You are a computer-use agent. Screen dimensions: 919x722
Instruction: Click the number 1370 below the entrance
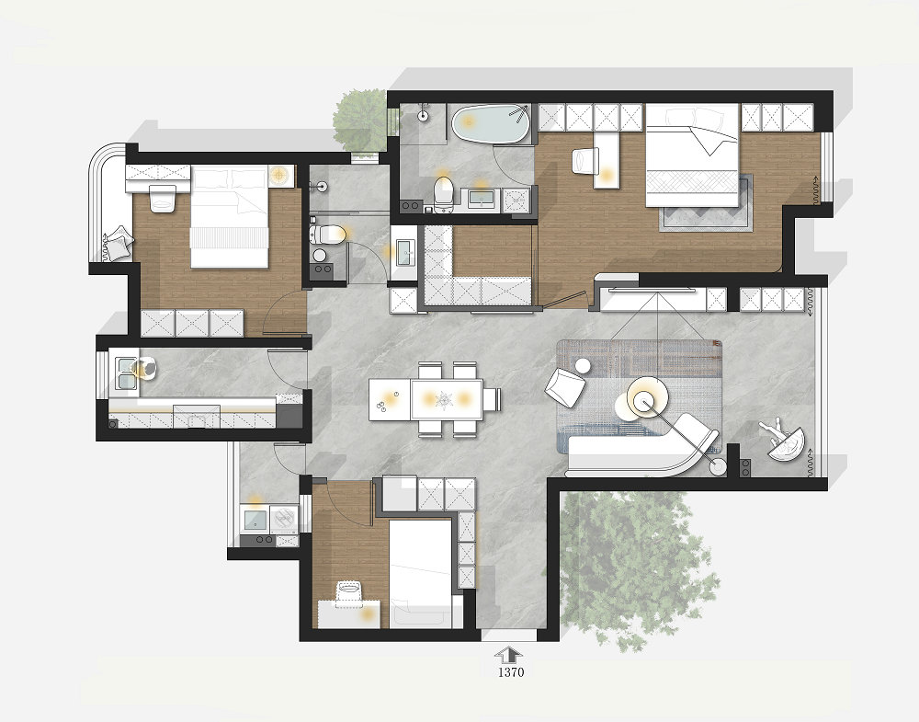(510, 672)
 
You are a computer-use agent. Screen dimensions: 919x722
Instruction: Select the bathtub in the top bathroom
(491, 123)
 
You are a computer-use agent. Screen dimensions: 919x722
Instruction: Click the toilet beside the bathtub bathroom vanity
(444, 192)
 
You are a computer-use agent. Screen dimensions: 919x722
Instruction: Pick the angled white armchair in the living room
(565, 386)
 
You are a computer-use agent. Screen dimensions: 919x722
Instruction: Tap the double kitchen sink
(127, 373)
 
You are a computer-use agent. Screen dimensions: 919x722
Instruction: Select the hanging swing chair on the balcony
(783, 440)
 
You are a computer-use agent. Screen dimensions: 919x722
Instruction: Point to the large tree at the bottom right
(636, 566)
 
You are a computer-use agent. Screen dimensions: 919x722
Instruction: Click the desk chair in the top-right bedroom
(584, 161)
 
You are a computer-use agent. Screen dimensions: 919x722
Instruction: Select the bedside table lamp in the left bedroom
(280, 176)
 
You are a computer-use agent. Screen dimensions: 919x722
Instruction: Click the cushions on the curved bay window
(119, 242)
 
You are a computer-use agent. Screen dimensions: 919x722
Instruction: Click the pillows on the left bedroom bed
(231, 178)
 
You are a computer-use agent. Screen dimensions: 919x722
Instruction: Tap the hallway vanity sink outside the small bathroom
(405, 252)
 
